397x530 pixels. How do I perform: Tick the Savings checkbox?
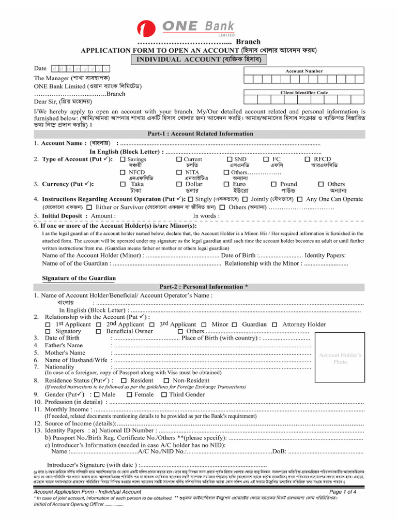click(123, 159)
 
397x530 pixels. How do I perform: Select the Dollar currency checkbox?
click(179, 184)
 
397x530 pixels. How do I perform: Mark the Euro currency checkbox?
click(226, 184)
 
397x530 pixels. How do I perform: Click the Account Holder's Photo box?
click(340, 358)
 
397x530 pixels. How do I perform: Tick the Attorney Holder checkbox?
click(274, 325)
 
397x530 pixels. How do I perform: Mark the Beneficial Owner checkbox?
click(98, 331)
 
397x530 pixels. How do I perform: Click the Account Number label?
click(304, 71)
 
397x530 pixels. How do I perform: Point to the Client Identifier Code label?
click(304, 93)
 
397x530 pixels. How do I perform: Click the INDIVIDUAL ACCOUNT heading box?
click(198, 60)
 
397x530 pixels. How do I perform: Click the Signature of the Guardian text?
click(79, 278)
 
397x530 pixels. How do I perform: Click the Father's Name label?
click(64, 345)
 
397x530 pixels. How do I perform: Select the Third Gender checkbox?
click(164, 394)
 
